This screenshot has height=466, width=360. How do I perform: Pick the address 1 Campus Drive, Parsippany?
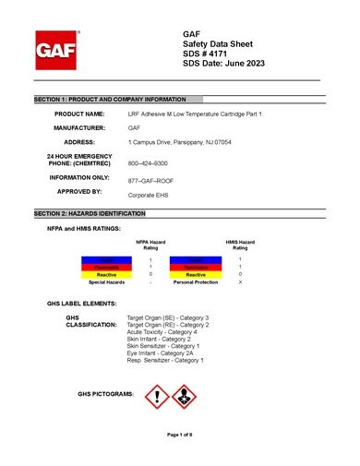tap(175, 142)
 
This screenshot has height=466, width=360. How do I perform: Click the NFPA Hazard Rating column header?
tap(150, 245)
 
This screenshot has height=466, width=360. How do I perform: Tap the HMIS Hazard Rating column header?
tap(240, 245)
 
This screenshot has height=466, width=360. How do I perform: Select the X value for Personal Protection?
tap(240, 281)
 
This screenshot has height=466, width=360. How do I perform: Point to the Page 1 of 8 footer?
tap(179, 433)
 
